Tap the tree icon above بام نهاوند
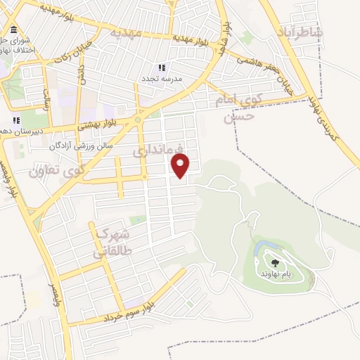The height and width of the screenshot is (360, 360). point(274,264)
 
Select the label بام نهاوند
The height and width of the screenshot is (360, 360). point(275,273)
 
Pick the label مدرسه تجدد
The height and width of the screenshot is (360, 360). point(162,79)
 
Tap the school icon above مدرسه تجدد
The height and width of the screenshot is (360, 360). point(162,68)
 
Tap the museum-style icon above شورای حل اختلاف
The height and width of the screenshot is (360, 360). point(14,29)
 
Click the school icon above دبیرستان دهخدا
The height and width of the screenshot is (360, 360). point(15,120)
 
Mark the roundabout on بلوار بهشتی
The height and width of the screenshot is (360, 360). point(137,120)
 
